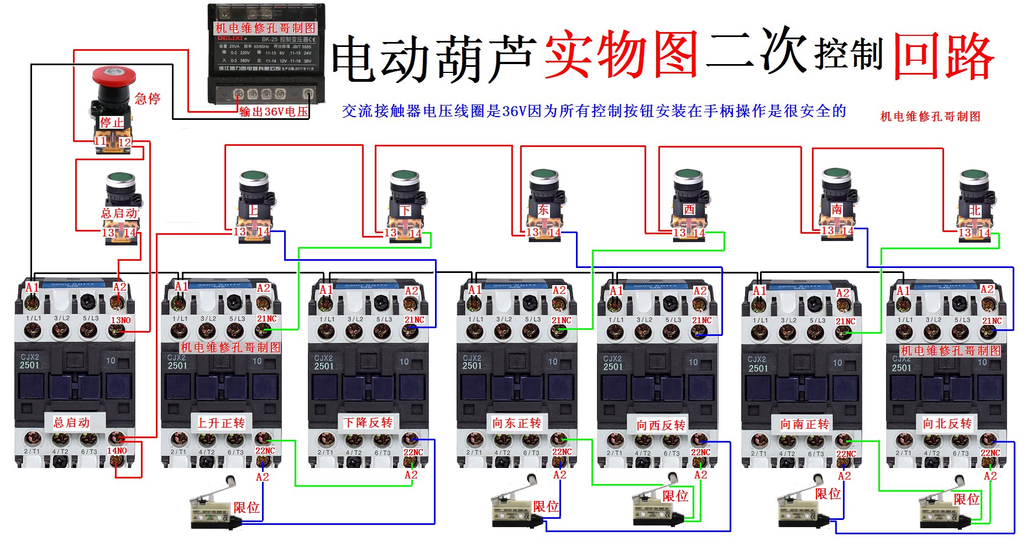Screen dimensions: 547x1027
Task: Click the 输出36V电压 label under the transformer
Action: pos(274,112)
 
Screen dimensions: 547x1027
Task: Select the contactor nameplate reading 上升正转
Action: pos(221,423)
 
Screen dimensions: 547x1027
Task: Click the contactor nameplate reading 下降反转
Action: pos(368,423)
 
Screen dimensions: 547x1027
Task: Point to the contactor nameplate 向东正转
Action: pos(517,423)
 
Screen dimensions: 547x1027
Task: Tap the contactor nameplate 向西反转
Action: pos(661,425)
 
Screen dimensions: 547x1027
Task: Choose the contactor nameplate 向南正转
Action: pos(805,424)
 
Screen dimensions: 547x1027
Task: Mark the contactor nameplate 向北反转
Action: pos(947,424)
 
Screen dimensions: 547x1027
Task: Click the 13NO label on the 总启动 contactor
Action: pos(120,320)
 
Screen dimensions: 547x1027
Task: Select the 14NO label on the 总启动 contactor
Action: pos(117,451)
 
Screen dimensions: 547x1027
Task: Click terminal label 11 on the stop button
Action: pos(100,141)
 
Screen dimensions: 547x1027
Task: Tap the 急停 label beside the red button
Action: pos(148,99)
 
